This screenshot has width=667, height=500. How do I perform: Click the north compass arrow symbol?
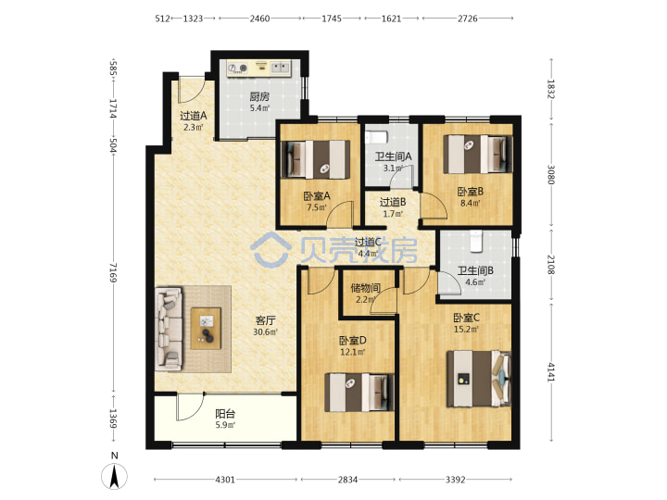click(x=114, y=476)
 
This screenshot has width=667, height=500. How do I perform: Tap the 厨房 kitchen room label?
click(x=259, y=97)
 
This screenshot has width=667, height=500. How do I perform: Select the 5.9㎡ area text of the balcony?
click(x=225, y=425)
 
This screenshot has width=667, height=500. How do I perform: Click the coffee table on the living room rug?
click(x=206, y=328)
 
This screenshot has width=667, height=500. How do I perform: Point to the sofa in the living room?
click(x=169, y=328)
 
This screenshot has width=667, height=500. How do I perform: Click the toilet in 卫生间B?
click(x=475, y=240)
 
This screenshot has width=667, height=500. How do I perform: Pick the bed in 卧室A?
click(x=315, y=159)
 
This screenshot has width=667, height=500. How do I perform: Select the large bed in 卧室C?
click(x=479, y=379)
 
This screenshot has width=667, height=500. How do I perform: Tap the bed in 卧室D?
click(x=359, y=392)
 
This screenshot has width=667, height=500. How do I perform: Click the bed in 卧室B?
click(x=477, y=154)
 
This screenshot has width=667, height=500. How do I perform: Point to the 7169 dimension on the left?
click(x=113, y=271)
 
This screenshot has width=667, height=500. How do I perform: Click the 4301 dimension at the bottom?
click(x=225, y=480)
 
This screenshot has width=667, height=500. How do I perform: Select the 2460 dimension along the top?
click(x=259, y=19)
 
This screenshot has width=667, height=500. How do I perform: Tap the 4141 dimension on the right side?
click(x=551, y=372)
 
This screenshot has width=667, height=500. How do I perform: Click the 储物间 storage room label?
click(x=365, y=288)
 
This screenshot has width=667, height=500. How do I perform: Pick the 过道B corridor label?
click(x=393, y=202)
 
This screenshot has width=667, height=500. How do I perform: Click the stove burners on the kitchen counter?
click(x=238, y=68)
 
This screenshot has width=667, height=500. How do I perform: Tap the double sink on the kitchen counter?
click(x=281, y=68)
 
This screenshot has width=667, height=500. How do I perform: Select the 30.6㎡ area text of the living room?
click(x=266, y=332)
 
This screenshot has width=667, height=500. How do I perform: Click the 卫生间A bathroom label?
click(x=393, y=156)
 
